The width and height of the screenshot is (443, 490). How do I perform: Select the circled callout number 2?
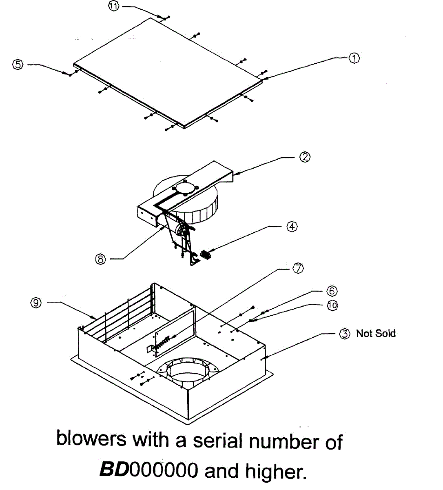[305, 157]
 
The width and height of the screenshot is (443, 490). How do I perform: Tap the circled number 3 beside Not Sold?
[345, 334]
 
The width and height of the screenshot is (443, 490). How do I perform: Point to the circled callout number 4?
[292, 227]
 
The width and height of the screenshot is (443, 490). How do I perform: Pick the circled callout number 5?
[18, 64]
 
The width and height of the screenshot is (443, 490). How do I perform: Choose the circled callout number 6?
[332, 291]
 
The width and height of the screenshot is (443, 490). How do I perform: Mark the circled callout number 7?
[298, 268]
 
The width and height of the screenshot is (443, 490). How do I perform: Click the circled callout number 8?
[101, 258]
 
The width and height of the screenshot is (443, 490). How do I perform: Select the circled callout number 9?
[36, 302]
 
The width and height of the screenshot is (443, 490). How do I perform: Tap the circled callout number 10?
[332, 305]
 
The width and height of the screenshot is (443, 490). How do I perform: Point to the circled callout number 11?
[114, 7]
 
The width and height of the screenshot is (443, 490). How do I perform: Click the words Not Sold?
[376, 334]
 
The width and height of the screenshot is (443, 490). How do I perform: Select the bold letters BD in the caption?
[114, 470]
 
